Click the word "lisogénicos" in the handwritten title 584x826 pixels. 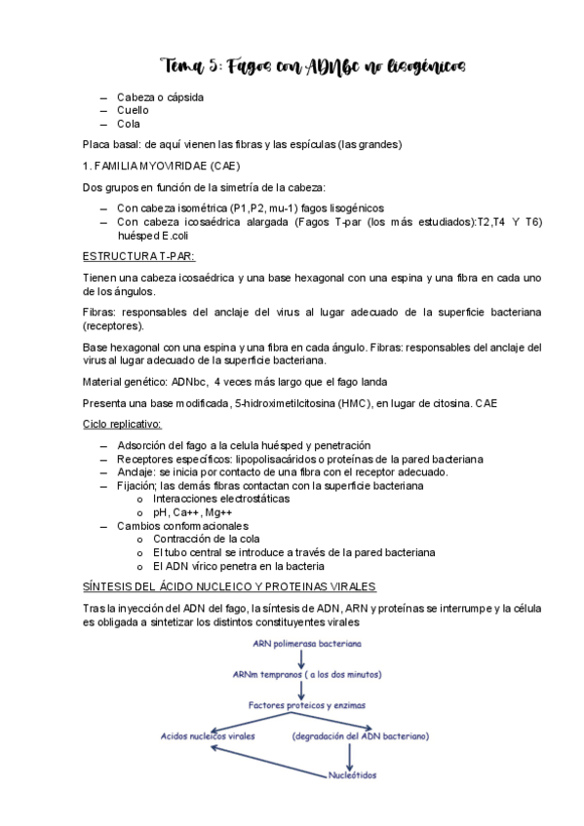424,66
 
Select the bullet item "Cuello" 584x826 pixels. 133,110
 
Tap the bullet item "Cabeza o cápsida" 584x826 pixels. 160,96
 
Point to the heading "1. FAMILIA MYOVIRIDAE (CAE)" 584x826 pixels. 161,167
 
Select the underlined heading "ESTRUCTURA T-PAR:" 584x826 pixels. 138,256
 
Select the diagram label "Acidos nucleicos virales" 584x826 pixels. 208,736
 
